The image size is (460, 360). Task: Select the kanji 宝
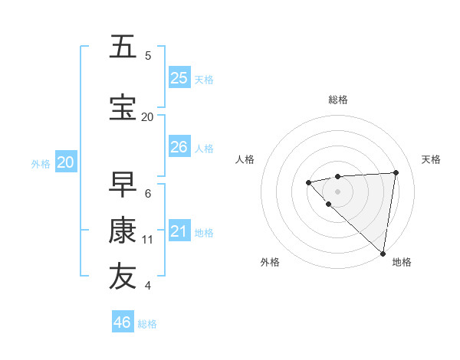(123, 107)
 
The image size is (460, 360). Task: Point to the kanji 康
(123, 230)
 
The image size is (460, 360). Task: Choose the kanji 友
(123, 277)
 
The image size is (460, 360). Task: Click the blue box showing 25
(179, 77)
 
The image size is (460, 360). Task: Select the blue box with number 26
(179, 147)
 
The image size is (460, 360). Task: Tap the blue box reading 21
(179, 231)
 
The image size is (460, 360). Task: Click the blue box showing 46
(123, 322)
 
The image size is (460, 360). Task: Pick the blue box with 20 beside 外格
(66, 162)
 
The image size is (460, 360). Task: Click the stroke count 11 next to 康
(148, 240)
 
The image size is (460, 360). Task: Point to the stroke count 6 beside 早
(148, 194)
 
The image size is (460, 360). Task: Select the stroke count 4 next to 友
(148, 286)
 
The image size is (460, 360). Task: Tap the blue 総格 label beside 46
(147, 324)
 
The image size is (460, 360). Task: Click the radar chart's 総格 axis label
(337, 100)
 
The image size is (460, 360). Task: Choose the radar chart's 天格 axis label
(431, 159)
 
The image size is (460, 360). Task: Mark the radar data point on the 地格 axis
(382, 253)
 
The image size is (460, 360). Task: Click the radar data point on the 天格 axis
(396, 172)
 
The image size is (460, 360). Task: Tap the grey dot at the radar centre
(337, 191)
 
